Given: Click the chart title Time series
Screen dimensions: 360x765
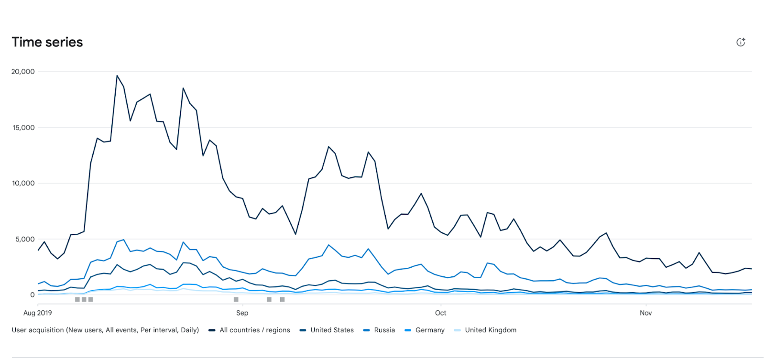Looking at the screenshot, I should [x=47, y=42].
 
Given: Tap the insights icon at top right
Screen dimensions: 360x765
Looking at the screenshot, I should [x=741, y=42].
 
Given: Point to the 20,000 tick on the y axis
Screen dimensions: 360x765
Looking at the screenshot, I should [x=23, y=72].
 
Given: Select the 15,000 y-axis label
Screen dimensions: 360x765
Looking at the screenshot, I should [x=23, y=128].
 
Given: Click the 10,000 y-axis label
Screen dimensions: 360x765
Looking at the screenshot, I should [x=23, y=183].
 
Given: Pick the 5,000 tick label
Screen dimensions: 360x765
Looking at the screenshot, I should [x=25, y=239].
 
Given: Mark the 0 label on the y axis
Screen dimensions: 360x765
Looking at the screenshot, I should [x=33, y=295].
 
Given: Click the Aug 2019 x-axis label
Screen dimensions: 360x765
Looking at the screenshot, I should [x=38, y=313].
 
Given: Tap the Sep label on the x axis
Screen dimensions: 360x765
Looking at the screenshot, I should [x=242, y=313].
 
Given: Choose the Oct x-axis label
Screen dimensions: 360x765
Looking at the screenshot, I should [x=440, y=313].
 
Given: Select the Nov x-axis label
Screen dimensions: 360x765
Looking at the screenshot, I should [x=645, y=313].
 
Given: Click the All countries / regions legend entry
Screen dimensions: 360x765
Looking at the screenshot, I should [x=254, y=330].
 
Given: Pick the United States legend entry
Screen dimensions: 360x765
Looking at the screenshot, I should [x=332, y=330].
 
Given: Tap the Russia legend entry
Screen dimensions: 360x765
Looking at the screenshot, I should [x=384, y=330].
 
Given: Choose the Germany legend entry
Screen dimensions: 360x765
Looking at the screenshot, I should [x=430, y=330].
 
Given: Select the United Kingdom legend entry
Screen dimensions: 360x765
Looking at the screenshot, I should [x=491, y=330].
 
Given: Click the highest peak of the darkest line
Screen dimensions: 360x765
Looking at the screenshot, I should [x=117, y=76].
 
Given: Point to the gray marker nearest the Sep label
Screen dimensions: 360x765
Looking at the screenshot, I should [x=236, y=299].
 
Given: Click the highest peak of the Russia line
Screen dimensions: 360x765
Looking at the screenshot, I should [x=124, y=240].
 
